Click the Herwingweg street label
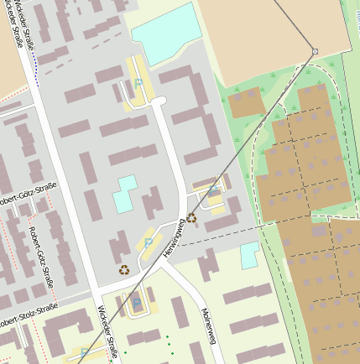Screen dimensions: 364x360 pos(175,239)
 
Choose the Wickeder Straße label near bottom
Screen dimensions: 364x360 pos(107,340)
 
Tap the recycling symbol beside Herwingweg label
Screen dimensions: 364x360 pos(191,218)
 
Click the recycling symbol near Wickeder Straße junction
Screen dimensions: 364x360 pos(124,270)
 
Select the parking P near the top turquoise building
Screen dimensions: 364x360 pos(138,83)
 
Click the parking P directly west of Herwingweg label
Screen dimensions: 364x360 pos(149,243)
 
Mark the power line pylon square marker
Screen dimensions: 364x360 pos(315,51)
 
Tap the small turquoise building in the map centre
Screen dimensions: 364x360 pos(126,195)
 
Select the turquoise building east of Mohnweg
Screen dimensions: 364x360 pos(250,255)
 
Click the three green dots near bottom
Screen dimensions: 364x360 pos(168,343)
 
